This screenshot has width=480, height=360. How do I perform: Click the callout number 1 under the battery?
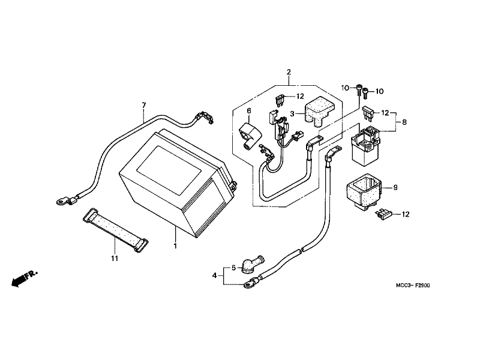point(175,246)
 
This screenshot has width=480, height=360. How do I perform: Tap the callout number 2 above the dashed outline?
point(289,72)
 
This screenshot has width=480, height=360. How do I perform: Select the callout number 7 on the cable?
point(144,106)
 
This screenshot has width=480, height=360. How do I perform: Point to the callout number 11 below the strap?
point(115,259)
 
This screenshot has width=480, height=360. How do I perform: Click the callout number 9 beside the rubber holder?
point(395,187)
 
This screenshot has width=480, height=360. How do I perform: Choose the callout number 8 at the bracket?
point(404,122)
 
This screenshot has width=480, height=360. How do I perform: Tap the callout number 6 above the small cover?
point(249,110)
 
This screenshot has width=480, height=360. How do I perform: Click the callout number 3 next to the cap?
point(292,114)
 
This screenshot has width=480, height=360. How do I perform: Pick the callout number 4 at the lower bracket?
point(214,275)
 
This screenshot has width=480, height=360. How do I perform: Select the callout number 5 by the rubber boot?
point(233,268)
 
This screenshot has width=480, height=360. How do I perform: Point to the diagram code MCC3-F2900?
point(413,286)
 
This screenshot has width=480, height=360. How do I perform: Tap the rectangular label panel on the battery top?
point(169,170)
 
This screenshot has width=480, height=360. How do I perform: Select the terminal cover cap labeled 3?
point(319,111)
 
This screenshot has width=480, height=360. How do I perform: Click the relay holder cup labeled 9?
point(364,192)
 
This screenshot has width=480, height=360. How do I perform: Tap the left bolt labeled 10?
point(358,91)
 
